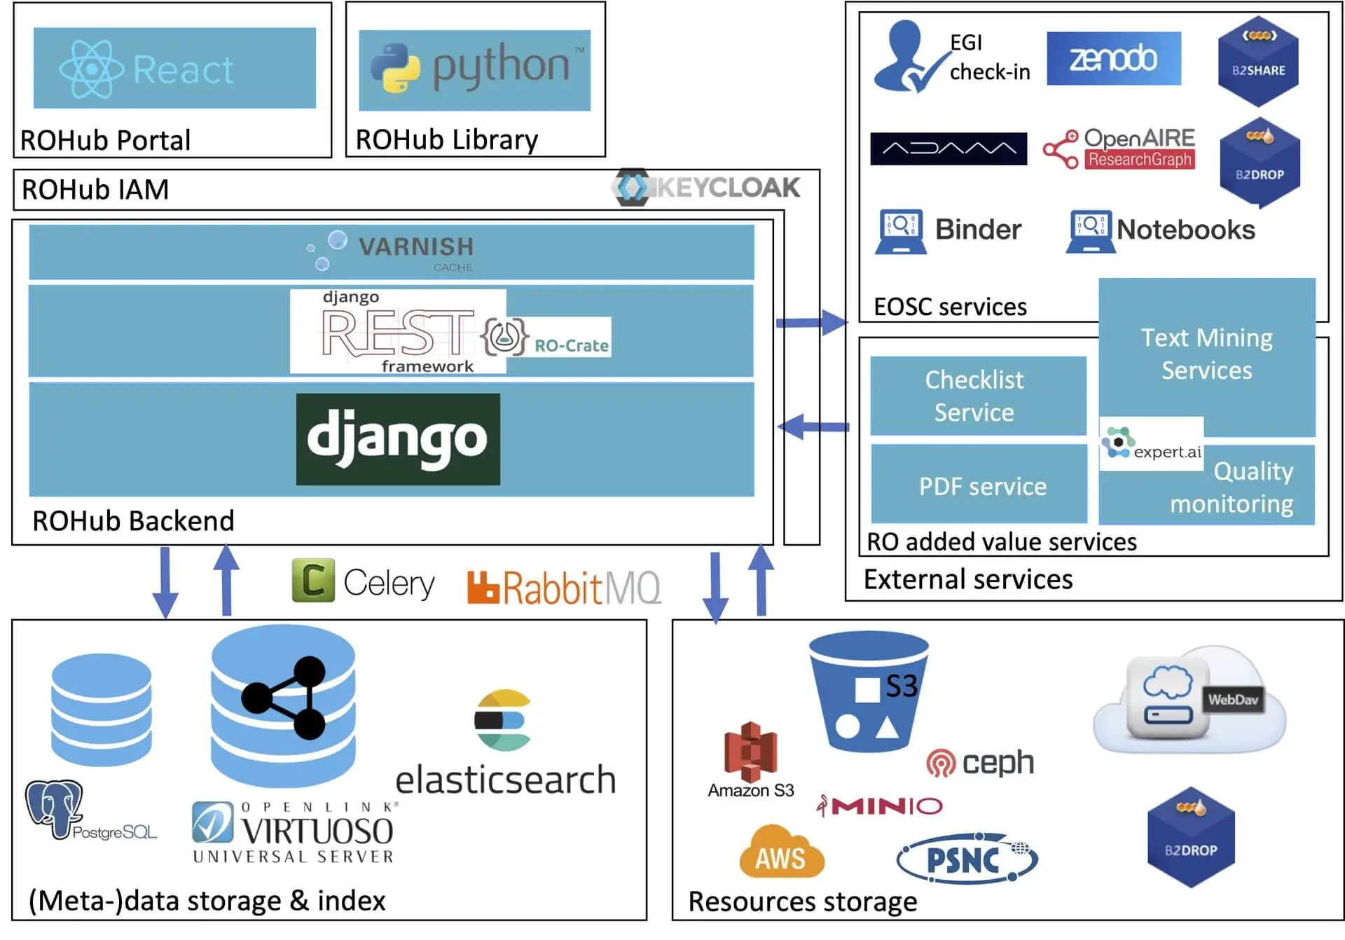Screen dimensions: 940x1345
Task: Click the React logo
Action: coord(147,69)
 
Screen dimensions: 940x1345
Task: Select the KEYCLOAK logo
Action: coord(706,188)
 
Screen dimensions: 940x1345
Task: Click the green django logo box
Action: coord(398,439)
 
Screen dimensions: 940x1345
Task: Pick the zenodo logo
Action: coord(1113,59)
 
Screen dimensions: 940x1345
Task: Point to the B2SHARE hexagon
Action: coord(1258,62)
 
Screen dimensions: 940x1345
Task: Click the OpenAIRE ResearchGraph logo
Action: coord(1119,148)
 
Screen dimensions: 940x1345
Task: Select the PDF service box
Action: coord(980,485)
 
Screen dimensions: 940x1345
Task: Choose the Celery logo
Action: coord(363,581)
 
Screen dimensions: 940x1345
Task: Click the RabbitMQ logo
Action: coord(563,587)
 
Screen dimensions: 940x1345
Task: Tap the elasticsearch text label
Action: coord(505,780)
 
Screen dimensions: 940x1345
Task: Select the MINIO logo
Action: coord(881,806)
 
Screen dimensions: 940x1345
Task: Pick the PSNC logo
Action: coord(967,858)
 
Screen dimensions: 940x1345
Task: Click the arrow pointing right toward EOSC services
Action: coord(812,323)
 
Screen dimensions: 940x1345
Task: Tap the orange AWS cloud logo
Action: coord(781,852)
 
